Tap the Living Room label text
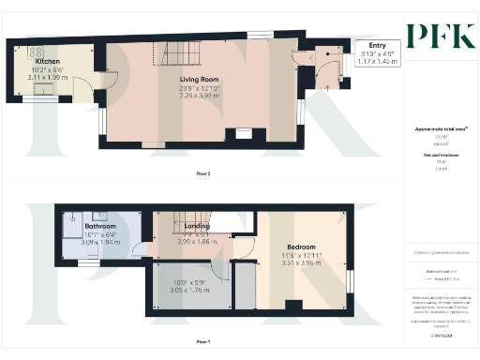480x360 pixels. coord(200,80)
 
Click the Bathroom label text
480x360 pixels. coord(100,227)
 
